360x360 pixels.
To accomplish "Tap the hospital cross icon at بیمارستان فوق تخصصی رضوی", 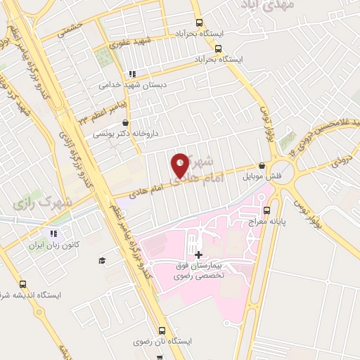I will [x=198, y=255].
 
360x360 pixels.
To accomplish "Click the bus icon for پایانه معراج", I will [x=266, y=210].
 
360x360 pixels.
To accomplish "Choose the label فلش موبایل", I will [x=267, y=176].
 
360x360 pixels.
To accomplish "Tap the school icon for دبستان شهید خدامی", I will [x=131, y=74].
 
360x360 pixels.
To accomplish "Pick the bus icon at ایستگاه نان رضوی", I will [x=162, y=330].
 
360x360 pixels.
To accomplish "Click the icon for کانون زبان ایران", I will [x=53, y=234].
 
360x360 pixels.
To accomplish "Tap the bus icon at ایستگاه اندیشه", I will [x=23, y=285].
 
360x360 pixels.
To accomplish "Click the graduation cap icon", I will [x=103, y=260].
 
